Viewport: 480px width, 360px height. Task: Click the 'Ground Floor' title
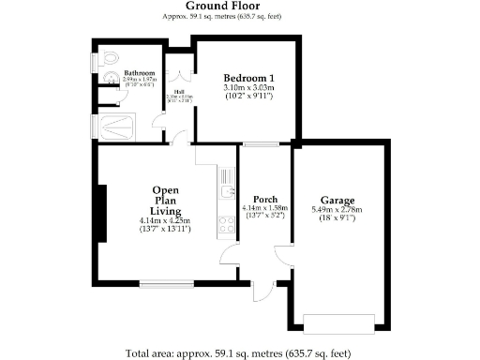click(x=239, y=6)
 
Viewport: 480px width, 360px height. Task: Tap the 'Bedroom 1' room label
click(x=247, y=78)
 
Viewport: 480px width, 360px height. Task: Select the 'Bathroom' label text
click(x=139, y=73)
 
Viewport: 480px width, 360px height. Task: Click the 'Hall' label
click(x=178, y=91)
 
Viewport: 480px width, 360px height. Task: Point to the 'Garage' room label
click(x=337, y=200)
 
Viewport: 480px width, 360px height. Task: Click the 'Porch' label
click(x=264, y=199)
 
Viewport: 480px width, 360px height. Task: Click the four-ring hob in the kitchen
click(x=226, y=223)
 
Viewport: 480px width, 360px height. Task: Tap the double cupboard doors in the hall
click(x=178, y=72)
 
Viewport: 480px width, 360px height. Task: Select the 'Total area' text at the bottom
click(x=239, y=353)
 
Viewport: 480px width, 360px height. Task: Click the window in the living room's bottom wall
click(x=167, y=283)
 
